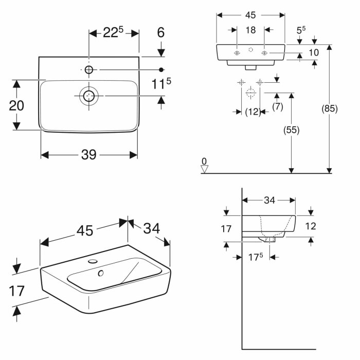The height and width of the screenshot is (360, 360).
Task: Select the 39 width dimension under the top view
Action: (89, 155)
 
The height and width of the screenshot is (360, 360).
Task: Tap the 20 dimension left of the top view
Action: (17, 105)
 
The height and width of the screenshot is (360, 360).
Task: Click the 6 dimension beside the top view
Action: (161, 32)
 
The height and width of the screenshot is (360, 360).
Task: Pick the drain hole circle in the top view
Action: (89, 96)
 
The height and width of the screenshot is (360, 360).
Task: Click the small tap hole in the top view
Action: (89, 69)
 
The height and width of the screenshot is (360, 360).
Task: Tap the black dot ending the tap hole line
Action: (161, 69)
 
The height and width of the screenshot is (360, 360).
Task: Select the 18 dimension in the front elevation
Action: (250, 30)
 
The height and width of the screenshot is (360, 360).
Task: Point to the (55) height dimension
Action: (292, 130)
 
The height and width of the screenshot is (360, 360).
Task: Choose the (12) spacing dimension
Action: (252, 112)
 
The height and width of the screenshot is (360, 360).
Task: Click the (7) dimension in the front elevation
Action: (277, 106)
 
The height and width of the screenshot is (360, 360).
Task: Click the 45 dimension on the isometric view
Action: (85, 231)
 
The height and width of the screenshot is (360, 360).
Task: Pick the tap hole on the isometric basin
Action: (93, 262)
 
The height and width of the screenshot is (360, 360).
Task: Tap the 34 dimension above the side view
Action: (269, 201)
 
